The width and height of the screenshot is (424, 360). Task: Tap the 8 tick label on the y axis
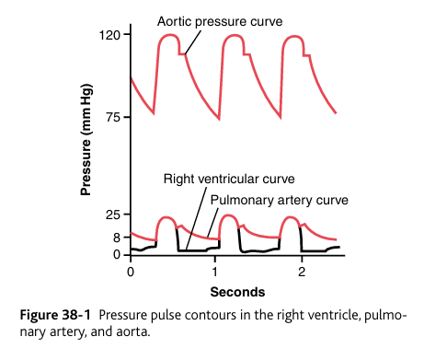tap(118, 238)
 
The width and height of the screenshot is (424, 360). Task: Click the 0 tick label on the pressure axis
tap(118, 254)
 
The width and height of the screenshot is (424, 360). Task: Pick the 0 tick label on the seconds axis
tap(131, 273)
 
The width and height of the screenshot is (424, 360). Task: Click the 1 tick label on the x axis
tap(215, 273)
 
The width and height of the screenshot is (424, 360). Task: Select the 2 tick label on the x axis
tap(301, 273)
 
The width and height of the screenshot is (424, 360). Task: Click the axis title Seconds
tap(237, 292)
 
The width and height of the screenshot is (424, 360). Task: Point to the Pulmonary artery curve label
tap(279, 198)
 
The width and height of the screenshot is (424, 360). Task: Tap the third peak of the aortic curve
tap(294, 36)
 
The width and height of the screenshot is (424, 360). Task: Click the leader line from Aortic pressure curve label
tap(193, 41)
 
